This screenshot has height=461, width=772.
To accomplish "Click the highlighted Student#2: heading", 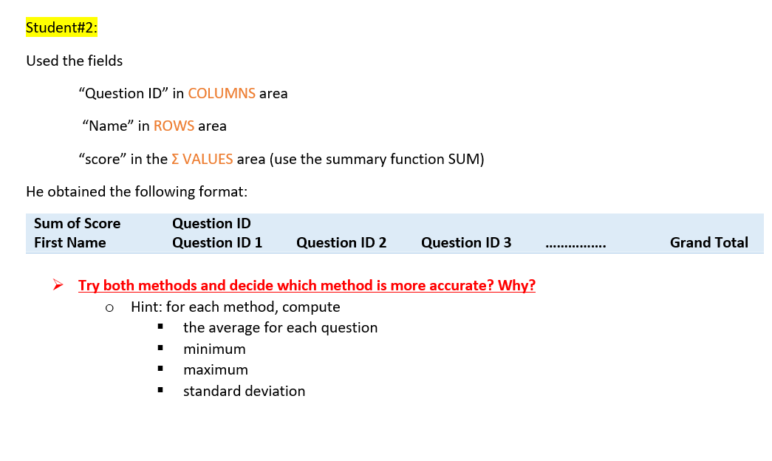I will [61, 28].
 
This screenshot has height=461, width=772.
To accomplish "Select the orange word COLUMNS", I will [222, 94].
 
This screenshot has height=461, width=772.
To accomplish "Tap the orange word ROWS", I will [174, 126].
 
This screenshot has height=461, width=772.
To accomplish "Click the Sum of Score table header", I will [77, 223].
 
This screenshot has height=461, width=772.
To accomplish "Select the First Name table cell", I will [69, 242].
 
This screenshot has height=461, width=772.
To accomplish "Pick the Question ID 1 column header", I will [216, 242].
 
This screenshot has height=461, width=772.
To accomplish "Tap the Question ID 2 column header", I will [341, 242].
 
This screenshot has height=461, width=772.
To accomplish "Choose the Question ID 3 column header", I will [465, 242].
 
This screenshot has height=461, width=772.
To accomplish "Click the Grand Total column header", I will [708, 242].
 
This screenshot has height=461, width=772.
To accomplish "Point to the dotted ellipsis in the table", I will [575, 244].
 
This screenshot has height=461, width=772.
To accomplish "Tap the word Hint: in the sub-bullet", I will [147, 307].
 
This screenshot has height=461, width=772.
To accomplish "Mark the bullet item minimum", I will [214, 349].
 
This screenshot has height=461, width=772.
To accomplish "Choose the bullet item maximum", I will [216, 369].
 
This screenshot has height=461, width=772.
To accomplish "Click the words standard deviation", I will [244, 391].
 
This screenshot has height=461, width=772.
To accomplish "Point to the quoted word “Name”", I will [108, 126].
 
